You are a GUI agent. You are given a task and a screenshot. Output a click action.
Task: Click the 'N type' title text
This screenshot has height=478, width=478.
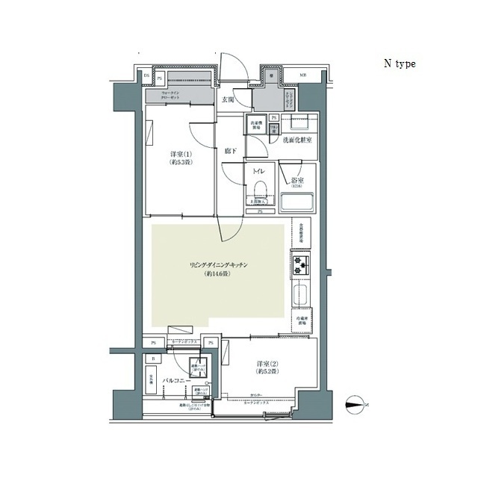[x=400, y=63]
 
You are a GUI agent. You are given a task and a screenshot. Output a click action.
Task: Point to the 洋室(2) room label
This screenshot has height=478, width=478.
[x=264, y=366]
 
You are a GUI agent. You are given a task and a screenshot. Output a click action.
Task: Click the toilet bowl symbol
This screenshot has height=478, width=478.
[x=261, y=188]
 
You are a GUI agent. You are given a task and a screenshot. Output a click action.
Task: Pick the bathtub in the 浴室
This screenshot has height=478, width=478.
[x=299, y=202]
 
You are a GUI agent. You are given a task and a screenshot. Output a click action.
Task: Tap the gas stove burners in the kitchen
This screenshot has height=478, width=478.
[x=301, y=264]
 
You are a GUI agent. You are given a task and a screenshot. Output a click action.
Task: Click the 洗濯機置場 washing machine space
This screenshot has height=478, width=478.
[x=258, y=125]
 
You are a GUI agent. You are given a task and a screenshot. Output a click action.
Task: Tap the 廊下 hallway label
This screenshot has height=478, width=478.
[x=231, y=151]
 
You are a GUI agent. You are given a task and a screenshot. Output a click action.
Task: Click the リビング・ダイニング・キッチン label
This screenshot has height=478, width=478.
[x=218, y=265]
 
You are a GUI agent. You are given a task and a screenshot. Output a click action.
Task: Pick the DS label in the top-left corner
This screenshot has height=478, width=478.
[x=146, y=75]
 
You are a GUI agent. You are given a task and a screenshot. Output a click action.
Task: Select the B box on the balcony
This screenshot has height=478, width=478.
[x=153, y=358]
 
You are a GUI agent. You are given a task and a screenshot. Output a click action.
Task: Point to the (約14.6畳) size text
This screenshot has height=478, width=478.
[x=218, y=275]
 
